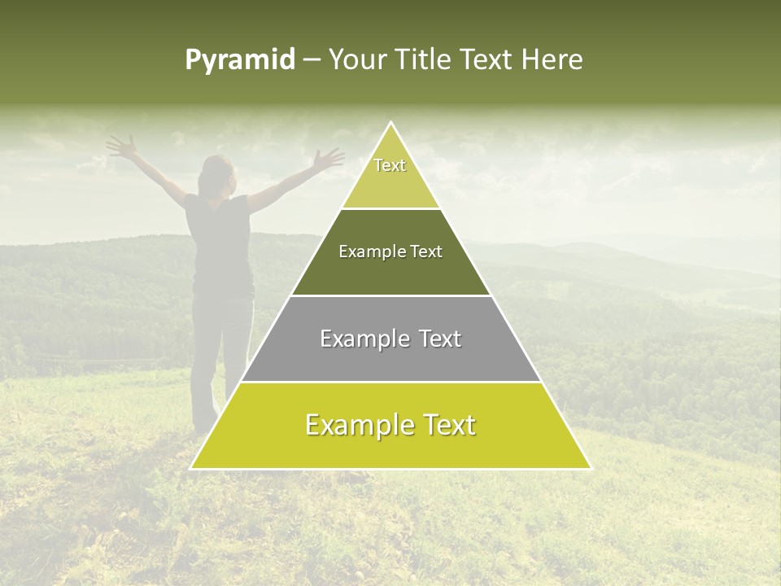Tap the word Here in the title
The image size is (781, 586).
pos(552,59)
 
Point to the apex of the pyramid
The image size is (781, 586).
pos(391,124)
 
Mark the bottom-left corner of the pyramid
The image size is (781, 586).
pos(192,468)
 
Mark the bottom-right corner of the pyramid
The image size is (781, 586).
pos(590,468)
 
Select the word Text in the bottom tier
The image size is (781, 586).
pos(446,425)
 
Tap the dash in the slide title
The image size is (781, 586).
pos(312,60)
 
